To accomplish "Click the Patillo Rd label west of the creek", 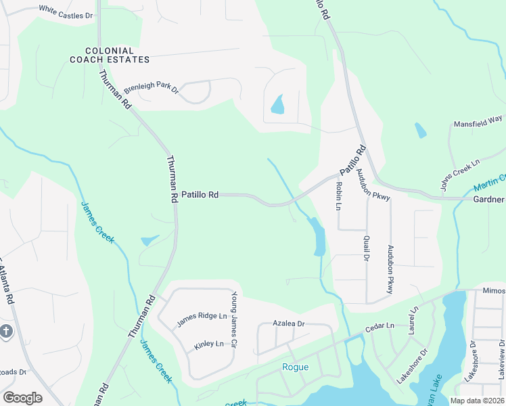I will pyautogui.click(x=200, y=195).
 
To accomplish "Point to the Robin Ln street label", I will pyautogui.click(x=338, y=194).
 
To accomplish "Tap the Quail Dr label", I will pyautogui.click(x=367, y=248).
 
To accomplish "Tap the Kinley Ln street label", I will pyautogui.click(x=208, y=344).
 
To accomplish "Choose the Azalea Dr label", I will pyautogui.click(x=289, y=324).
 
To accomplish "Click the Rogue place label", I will pyautogui.click(x=295, y=367).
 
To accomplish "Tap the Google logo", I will pyautogui.click(x=22, y=398).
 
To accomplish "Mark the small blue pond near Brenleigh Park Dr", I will pyautogui.click(x=277, y=105).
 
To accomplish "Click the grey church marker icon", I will pyautogui.click(x=6, y=332).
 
